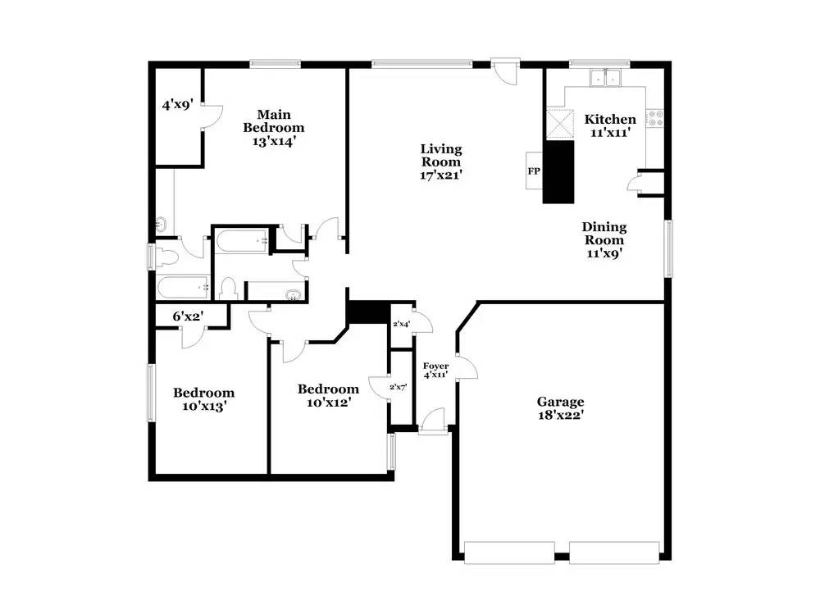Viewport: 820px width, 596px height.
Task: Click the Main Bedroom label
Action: click(273, 127)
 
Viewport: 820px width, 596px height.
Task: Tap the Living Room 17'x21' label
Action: click(441, 162)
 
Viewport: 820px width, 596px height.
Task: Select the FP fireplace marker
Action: click(533, 173)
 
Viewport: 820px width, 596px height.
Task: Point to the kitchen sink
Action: click(607, 79)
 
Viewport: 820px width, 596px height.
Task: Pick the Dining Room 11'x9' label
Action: click(604, 240)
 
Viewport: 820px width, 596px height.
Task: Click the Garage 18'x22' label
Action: click(561, 408)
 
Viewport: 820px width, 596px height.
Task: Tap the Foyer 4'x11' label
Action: click(435, 370)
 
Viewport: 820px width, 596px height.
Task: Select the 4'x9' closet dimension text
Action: click(177, 104)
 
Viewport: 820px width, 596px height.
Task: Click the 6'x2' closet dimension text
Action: click(188, 316)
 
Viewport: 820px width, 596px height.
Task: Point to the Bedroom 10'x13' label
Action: click(203, 399)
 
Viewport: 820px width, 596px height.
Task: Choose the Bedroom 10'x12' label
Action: click(328, 396)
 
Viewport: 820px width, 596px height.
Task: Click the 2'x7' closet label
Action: click(399, 386)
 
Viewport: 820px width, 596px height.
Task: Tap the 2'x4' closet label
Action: click(402, 325)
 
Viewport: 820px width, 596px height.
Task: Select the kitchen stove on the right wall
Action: click(655, 119)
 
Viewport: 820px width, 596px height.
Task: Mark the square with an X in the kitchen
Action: click(561, 125)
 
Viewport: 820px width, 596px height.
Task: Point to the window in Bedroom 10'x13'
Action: click(150, 393)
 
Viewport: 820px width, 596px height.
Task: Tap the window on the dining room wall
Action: click(668, 247)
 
